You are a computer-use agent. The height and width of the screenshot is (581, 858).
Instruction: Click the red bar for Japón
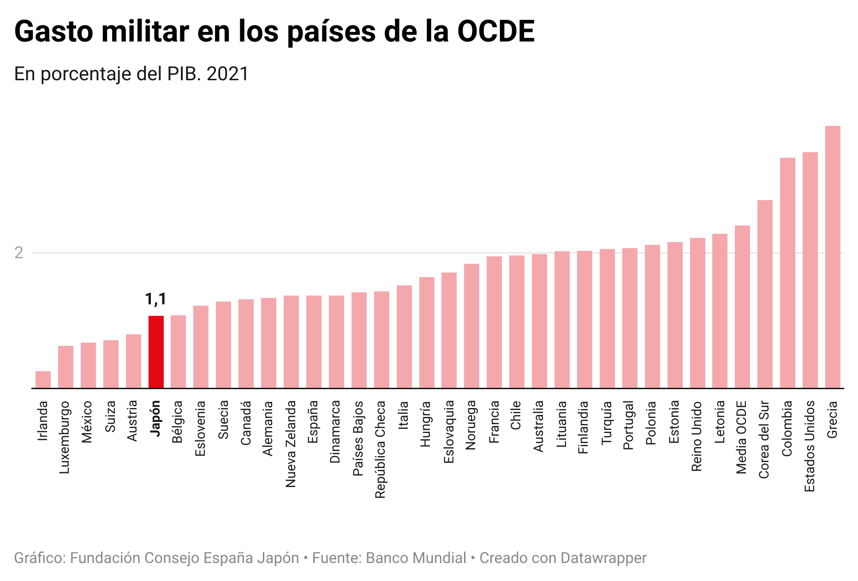click(156, 352)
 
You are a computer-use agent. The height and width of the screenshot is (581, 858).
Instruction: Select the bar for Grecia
click(833, 257)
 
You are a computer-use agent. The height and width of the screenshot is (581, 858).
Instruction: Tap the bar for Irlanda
click(43, 379)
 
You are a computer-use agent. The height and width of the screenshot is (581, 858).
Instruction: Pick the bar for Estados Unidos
click(810, 270)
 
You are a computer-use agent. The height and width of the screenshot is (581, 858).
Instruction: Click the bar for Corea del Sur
click(765, 294)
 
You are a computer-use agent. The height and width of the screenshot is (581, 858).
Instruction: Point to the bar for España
click(314, 342)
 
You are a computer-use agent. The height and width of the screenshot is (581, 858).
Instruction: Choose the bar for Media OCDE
click(742, 307)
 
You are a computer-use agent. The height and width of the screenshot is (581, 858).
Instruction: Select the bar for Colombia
click(787, 273)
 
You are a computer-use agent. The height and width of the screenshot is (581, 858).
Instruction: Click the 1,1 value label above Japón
click(155, 299)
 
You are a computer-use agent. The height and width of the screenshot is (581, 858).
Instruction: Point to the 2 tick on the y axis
click(19, 253)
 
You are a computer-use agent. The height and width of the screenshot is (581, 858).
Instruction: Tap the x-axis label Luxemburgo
click(65, 437)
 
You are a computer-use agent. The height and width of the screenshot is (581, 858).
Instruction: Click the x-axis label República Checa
click(380, 450)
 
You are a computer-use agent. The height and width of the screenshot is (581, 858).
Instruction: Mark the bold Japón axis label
click(155, 419)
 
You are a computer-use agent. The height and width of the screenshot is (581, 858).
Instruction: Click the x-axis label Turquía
click(607, 422)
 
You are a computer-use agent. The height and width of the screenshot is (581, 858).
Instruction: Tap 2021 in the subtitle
click(228, 74)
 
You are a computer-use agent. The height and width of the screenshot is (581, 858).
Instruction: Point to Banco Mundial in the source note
click(416, 558)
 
